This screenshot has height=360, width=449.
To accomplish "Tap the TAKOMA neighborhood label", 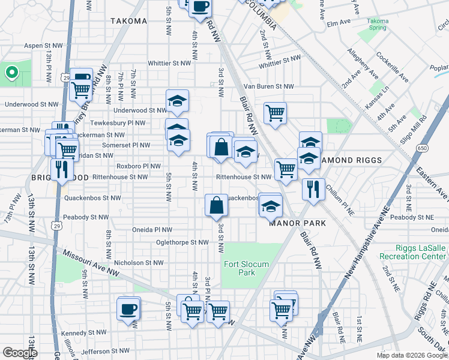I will (x=128, y=21).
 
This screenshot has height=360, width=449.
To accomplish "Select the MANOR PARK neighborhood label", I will (x=297, y=223).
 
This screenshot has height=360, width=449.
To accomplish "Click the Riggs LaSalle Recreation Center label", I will (x=414, y=252).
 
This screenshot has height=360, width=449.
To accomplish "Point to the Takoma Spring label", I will (x=378, y=24).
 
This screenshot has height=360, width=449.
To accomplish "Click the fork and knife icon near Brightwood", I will (x=61, y=169).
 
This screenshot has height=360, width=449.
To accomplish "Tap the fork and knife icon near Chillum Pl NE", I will (x=313, y=189).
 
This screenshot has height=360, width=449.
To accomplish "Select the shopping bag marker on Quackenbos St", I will (x=216, y=205).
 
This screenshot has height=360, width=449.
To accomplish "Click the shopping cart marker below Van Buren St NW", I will (x=275, y=112).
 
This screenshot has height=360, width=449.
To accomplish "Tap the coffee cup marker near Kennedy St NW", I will (x=128, y=308).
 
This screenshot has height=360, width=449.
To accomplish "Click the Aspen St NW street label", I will (x=44, y=46).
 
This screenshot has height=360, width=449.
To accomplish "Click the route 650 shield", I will (x=423, y=148).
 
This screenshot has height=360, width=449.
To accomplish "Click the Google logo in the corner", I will (x=20, y=353).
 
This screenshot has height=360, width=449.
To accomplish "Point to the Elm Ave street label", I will (x=338, y=23).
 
